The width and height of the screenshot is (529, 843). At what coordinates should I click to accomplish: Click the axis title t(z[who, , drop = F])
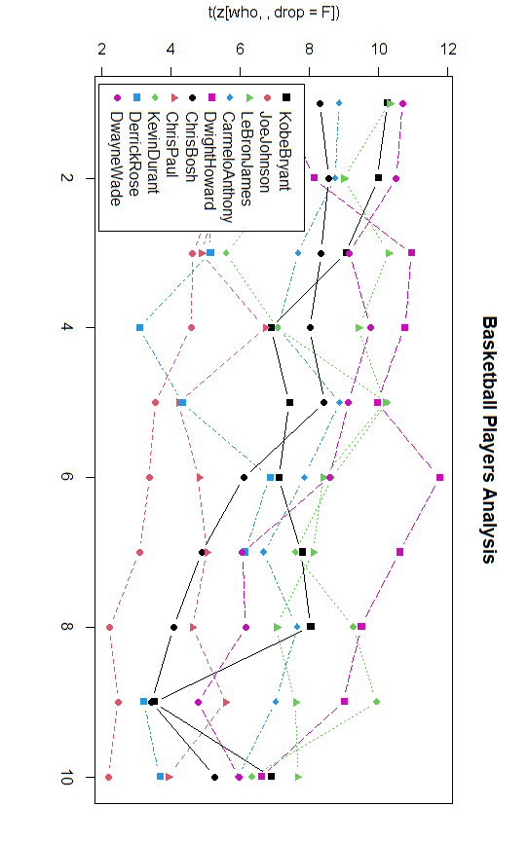point(276,13)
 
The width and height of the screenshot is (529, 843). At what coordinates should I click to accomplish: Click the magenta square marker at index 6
point(440,477)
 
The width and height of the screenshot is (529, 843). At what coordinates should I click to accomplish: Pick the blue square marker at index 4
point(139,328)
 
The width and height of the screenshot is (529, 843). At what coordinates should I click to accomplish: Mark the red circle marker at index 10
point(108,777)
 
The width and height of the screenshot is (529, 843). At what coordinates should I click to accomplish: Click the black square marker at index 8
point(311,627)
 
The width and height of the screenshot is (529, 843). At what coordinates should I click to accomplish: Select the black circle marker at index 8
point(174,627)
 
